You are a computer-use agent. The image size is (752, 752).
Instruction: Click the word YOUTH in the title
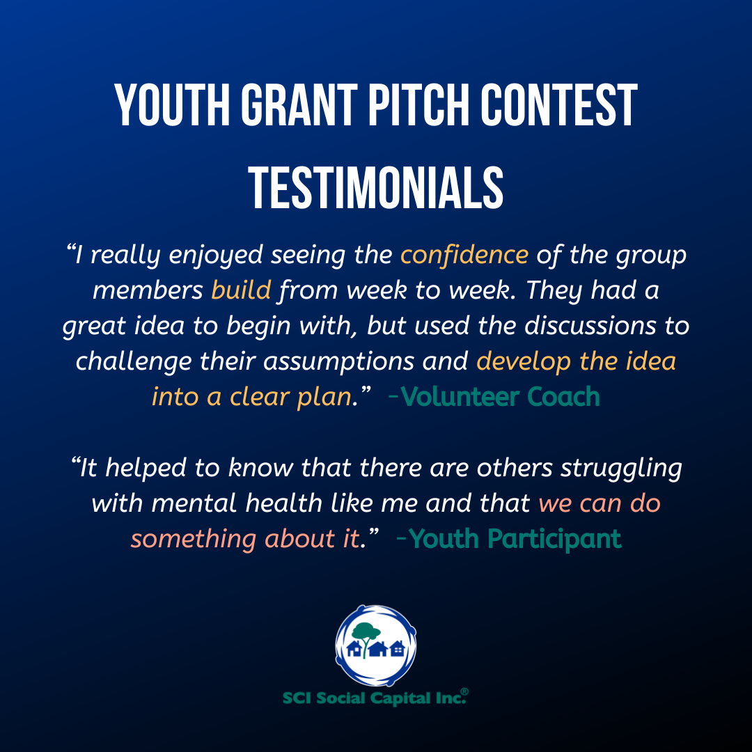(172, 105)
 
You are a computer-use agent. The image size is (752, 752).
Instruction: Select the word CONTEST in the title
(558, 105)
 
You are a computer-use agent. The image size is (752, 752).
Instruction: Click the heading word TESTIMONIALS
(376, 188)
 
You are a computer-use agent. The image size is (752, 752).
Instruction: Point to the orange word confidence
(464, 255)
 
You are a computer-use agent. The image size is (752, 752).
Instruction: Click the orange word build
(241, 290)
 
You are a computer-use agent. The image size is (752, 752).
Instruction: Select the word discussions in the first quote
(590, 326)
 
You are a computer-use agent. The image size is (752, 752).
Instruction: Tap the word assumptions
(338, 361)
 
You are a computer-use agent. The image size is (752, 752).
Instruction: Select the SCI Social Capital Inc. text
(374, 698)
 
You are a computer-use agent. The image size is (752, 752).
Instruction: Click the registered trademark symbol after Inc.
(464, 691)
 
